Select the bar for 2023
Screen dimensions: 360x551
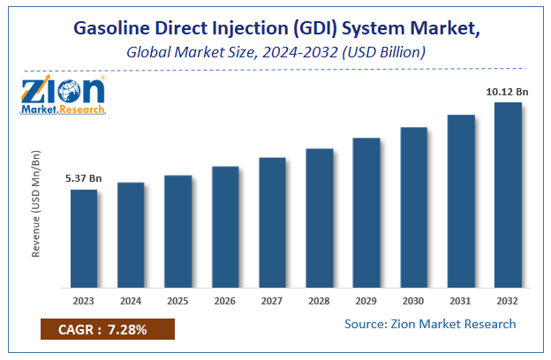(x=84, y=238)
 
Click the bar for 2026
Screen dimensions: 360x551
(x=225, y=227)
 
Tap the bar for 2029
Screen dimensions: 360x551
(x=366, y=213)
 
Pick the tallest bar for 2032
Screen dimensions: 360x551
(x=508, y=195)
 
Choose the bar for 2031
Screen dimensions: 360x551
(x=460, y=201)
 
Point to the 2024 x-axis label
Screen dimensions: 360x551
(x=131, y=299)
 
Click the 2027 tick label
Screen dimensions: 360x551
(x=272, y=299)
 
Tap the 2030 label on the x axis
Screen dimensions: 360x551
(x=413, y=299)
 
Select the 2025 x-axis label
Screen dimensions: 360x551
(x=177, y=299)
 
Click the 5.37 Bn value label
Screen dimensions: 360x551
(x=84, y=178)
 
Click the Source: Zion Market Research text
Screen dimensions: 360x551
(x=430, y=324)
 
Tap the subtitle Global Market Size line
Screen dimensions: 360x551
(x=275, y=52)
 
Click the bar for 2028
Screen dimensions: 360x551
(x=319, y=218)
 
